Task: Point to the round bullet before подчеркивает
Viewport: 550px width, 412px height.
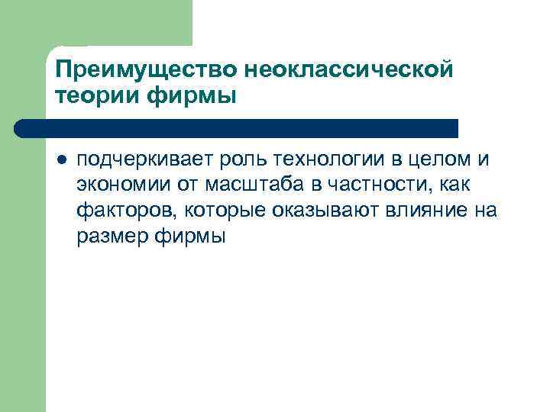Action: click(61, 160)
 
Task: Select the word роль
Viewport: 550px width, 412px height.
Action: click(241, 159)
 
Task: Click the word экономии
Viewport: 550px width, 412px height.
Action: click(117, 185)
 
